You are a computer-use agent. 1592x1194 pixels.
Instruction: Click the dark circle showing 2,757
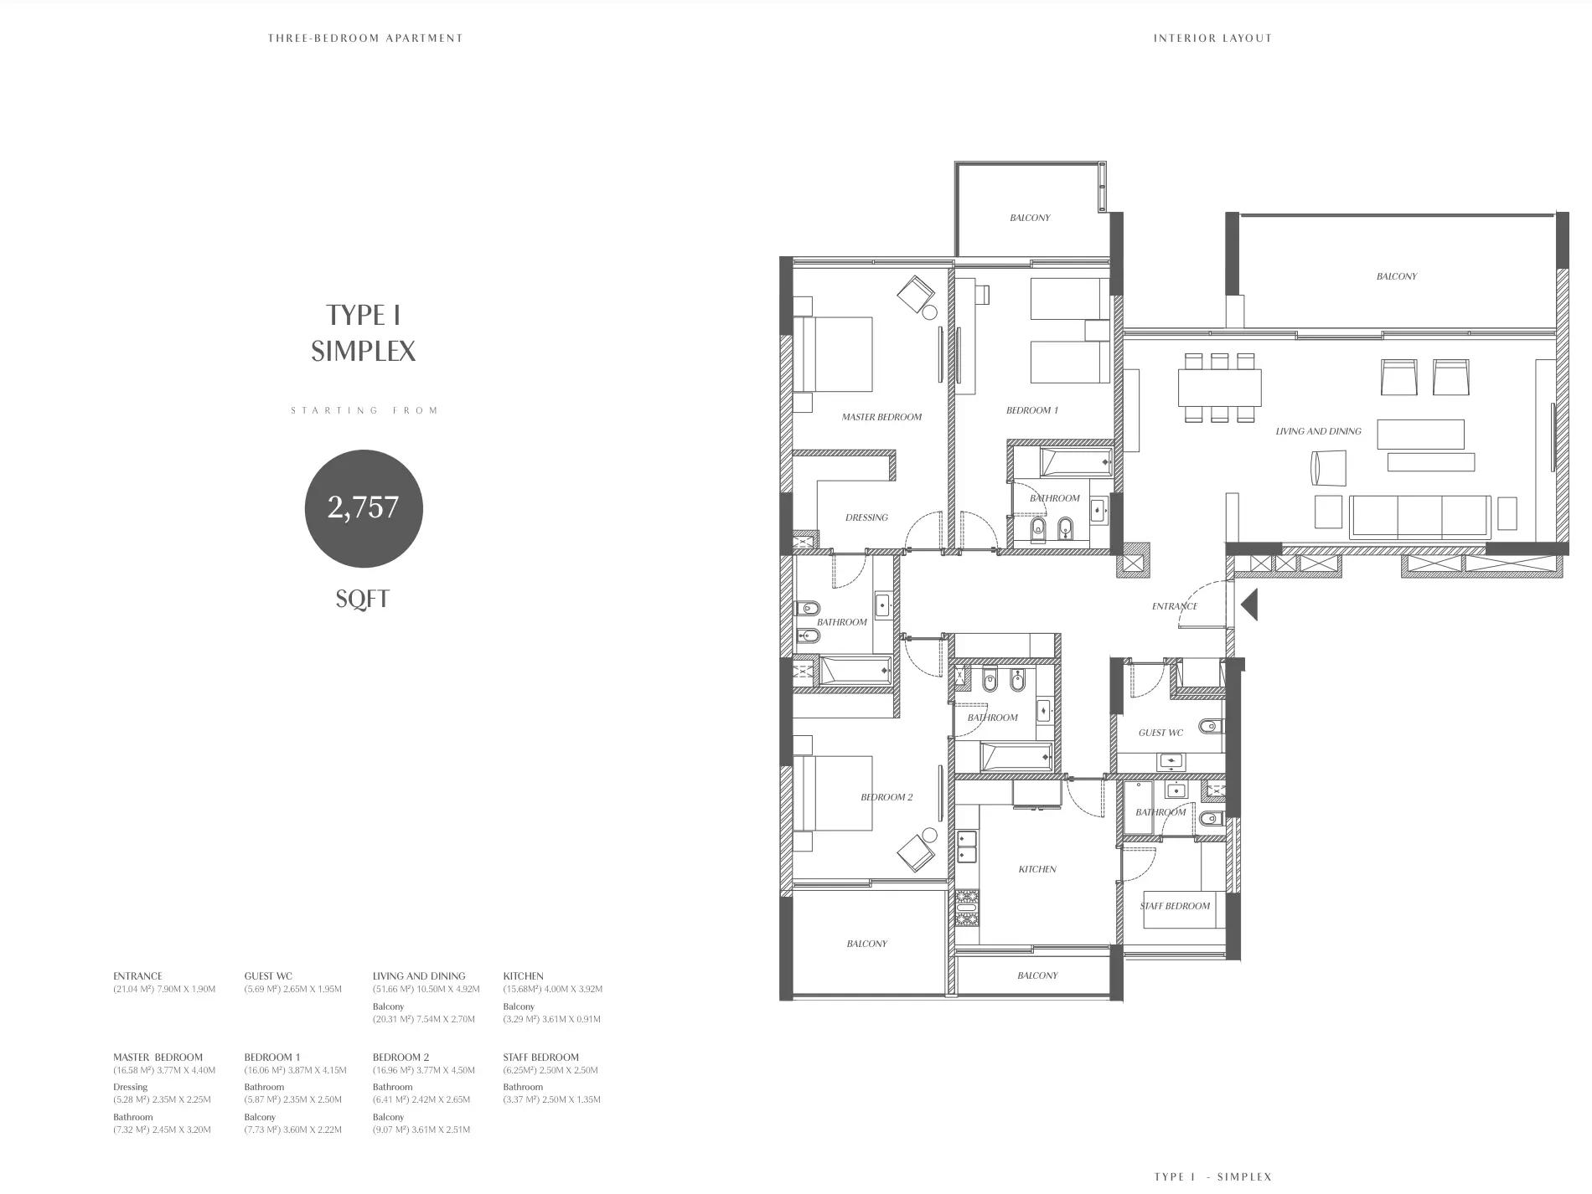click(x=364, y=508)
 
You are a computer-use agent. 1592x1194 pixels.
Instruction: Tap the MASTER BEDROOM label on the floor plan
click(x=881, y=417)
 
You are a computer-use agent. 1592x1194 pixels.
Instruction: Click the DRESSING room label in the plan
click(x=866, y=517)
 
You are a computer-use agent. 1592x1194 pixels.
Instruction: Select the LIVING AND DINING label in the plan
click(x=1318, y=431)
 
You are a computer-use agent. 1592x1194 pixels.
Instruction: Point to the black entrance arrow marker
click(x=1249, y=605)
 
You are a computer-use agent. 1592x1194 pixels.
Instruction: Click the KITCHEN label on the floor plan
click(x=1037, y=869)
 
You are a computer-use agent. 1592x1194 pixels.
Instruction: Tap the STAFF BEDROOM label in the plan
click(x=1175, y=906)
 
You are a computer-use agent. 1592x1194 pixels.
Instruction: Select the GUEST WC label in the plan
click(x=1160, y=733)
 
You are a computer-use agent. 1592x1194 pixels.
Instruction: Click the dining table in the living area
click(x=1219, y=388)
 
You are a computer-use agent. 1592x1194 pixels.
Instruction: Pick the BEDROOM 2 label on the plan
click(x=886, y=797)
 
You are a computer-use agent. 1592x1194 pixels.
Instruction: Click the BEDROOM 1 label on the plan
click(x=1032, y=410)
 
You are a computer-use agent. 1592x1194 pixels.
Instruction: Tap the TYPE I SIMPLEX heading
click(x=364, y=332)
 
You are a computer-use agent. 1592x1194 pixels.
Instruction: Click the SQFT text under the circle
click(x=363, y=599)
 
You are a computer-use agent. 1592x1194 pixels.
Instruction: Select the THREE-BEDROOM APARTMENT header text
click(x=365, y=38)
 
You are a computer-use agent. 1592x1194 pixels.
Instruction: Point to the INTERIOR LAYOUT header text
click(x=1212, y=38)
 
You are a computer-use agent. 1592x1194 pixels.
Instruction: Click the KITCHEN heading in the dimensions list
click(x=524, y=976)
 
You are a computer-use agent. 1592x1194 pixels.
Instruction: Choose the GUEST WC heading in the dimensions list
click(x=268, y=976)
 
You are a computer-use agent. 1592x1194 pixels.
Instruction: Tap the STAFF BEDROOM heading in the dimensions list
click(x=541, y=1058)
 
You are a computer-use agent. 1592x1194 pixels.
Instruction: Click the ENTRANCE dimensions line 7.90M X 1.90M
click(x=164, y=989)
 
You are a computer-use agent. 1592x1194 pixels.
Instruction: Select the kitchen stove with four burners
click(x=967, y=908)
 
